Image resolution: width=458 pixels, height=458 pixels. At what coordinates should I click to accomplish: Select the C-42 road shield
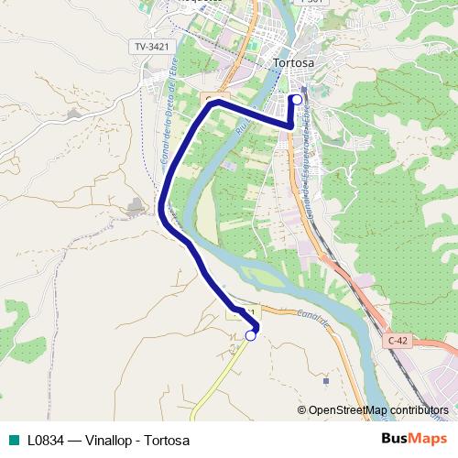[x=397, y=340]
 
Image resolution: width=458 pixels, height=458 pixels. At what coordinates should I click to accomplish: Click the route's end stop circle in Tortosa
[x=296, y=100]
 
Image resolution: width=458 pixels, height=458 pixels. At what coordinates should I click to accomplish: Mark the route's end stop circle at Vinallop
[x=250, y=336]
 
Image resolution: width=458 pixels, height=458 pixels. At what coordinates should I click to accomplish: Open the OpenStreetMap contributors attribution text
[x=378, y=410]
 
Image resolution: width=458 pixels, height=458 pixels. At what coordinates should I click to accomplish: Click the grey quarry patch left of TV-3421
[x=72, y=114]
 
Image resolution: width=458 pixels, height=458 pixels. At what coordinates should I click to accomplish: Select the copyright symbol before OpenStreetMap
[x=301, y=410]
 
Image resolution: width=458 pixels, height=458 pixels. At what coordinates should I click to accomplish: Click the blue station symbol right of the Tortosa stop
[x=304, y=90]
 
